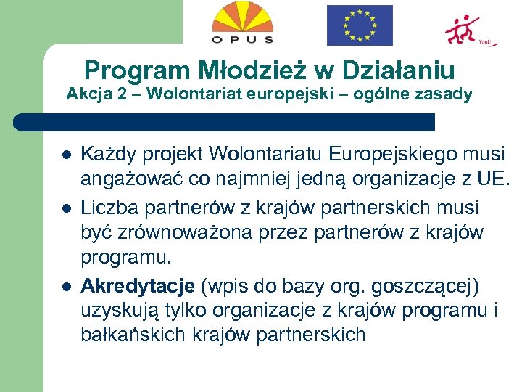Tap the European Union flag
[x=359, y=25]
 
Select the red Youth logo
[x=468, y=29]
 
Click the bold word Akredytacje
[x=137, y=285]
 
